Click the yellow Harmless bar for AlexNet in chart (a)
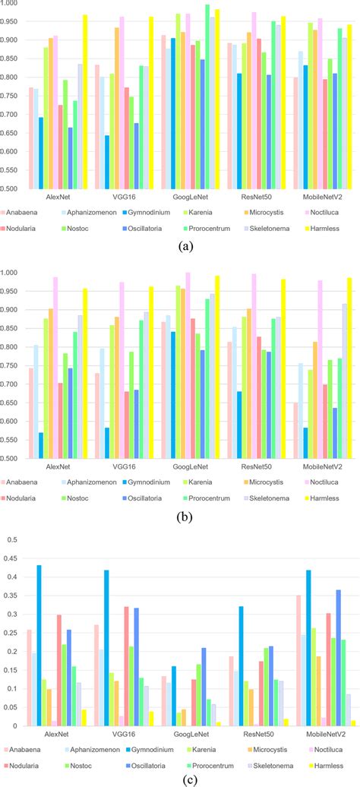coord(85,102)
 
